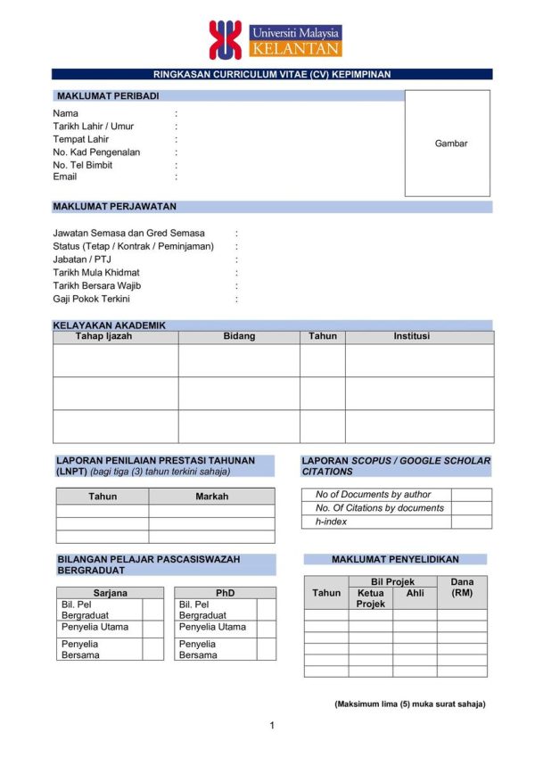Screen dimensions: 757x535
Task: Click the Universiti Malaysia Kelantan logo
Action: click(x=275, y=39)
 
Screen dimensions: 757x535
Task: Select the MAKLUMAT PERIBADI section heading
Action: click(x=108, y=95)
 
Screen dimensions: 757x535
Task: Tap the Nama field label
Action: click(x=65, y=113)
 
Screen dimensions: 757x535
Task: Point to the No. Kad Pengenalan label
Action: click(x=96, y=152)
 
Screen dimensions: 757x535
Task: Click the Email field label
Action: click(x=65, y=177)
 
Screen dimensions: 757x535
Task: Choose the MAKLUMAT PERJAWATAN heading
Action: click(x=114, y=207)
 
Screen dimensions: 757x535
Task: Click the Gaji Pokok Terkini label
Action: click(x=91, y=299)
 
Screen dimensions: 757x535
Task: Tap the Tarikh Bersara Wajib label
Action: click(x=97, y=285)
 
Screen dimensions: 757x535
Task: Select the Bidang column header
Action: click(x=239, y=336)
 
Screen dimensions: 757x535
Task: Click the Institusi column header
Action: click(x=411, y=336)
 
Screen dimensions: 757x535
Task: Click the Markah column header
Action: click(x=211, y=497)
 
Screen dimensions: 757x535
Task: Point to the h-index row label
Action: click(x=332, y=522)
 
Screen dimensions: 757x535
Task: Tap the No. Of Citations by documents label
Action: click(x=379, y=508)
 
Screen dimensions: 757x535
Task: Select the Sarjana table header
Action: click(x=110, y=593)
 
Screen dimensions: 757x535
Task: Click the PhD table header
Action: click(x=225, y=593)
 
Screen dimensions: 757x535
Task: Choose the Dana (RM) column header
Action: click(x=462, y=587)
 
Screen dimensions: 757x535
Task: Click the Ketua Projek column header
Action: click(x=370, y=598)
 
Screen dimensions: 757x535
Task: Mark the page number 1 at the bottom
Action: click(x=272, y=725)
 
